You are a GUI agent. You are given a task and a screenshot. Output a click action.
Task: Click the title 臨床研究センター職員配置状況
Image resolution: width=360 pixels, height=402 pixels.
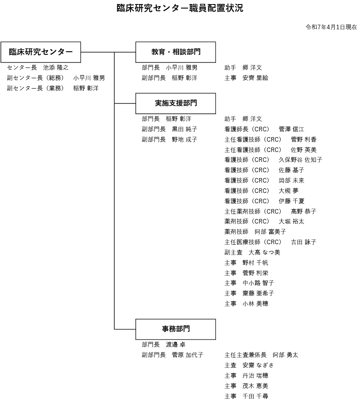coord(180,8)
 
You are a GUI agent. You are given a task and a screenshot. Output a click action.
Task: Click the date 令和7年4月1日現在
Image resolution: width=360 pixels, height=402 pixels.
coord(331,27)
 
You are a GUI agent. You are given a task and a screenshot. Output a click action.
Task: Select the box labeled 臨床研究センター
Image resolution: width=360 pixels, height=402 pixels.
coord(40,52)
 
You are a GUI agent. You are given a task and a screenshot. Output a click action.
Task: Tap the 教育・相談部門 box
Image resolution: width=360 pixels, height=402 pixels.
coord(175,52)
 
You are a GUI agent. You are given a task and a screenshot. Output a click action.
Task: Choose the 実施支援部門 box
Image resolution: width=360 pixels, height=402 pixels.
coord(175,103)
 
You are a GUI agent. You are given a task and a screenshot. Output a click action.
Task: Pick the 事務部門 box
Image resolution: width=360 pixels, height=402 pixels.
coord(175,329)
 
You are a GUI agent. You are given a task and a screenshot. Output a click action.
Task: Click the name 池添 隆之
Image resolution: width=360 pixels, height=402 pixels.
coord(56,68)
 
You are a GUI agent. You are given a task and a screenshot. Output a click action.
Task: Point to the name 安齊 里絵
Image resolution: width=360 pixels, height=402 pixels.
coord(255,78)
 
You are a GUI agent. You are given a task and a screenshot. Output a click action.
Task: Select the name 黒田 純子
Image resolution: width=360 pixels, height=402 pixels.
coord(184,129)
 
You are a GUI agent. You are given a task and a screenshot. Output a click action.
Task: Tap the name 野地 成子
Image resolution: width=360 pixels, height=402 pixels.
coord(184,139)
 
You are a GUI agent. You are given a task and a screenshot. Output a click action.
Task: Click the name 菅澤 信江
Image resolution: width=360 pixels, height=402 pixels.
coord(292,129)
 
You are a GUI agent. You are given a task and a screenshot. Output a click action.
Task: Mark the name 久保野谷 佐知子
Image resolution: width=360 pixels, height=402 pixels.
coord(300,160)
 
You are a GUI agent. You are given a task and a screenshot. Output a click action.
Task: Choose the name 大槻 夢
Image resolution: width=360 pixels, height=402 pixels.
coord(288,191)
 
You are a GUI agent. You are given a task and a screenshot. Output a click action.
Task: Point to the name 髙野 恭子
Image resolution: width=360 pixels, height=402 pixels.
coord(304,211)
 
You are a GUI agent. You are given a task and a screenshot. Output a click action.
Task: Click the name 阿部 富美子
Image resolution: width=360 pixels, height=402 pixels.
coord(270,232)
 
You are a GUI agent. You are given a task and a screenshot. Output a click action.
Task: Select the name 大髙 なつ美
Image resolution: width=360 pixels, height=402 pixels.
coord(264,252)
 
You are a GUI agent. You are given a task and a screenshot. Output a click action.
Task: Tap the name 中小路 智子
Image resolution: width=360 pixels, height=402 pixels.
coord(258,283)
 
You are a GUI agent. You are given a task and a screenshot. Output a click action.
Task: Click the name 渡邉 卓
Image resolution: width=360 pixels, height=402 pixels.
coord(175,344)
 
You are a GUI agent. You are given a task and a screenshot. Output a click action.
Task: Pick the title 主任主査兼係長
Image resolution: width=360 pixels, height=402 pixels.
coord(245,355)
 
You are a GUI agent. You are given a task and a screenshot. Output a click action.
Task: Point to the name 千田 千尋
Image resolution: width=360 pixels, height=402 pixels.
coord(255,396)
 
